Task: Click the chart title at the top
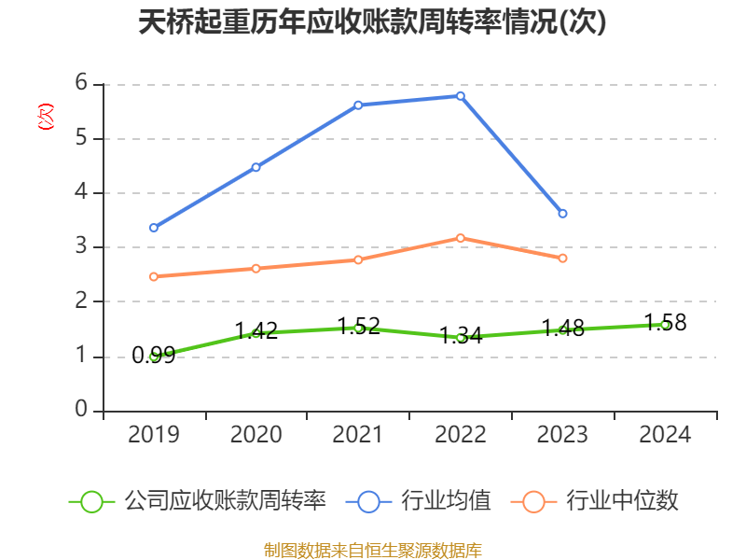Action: point(373,22)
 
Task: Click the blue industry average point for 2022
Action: point(461,95)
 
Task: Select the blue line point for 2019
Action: point(154,228)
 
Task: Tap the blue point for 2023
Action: point(562,214)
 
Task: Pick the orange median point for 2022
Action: point(461,238)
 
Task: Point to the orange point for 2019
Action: point(154,276)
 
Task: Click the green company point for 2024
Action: point(665,325)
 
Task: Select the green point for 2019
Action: point(154,357)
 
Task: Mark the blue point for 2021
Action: point(358,105)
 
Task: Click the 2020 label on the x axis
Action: point(256,435)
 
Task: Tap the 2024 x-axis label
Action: point(665,435)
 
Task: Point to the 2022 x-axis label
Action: point(461,435)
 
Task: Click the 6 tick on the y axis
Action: point(81,84)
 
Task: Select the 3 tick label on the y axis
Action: point(81,247)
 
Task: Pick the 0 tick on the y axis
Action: point(81,411)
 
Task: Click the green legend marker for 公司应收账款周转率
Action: point(91,501)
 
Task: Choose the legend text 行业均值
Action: point(446,501)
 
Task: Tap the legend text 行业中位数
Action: point(623,501)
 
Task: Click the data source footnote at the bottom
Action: point(373,550)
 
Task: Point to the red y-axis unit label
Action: point(45,117)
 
